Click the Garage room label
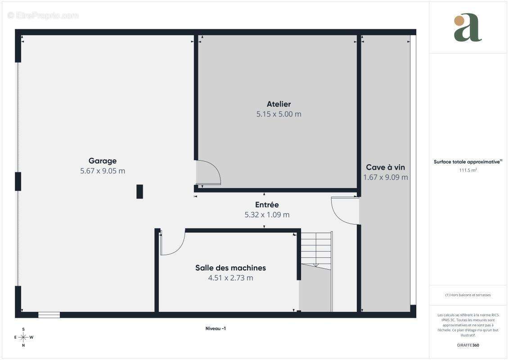click(103, 161)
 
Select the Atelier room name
click(279, 104)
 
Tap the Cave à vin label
click(385, 167)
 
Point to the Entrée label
click(267, 204)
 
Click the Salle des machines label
click(230, 268)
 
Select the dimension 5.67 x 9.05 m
click(103, 171)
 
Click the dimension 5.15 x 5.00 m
click(279, 114)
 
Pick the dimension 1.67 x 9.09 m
click(385, 177)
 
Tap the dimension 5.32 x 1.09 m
click(267, 215)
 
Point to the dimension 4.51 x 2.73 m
click(230, 278)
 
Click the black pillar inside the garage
click(140, 192)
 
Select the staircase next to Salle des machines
click(316, 271)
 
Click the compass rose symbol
click(23, 337)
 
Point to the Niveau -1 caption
click(216, 328)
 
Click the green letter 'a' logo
click(468, 27)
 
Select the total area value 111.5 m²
click(468, 170)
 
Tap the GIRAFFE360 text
click(468, 345)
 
